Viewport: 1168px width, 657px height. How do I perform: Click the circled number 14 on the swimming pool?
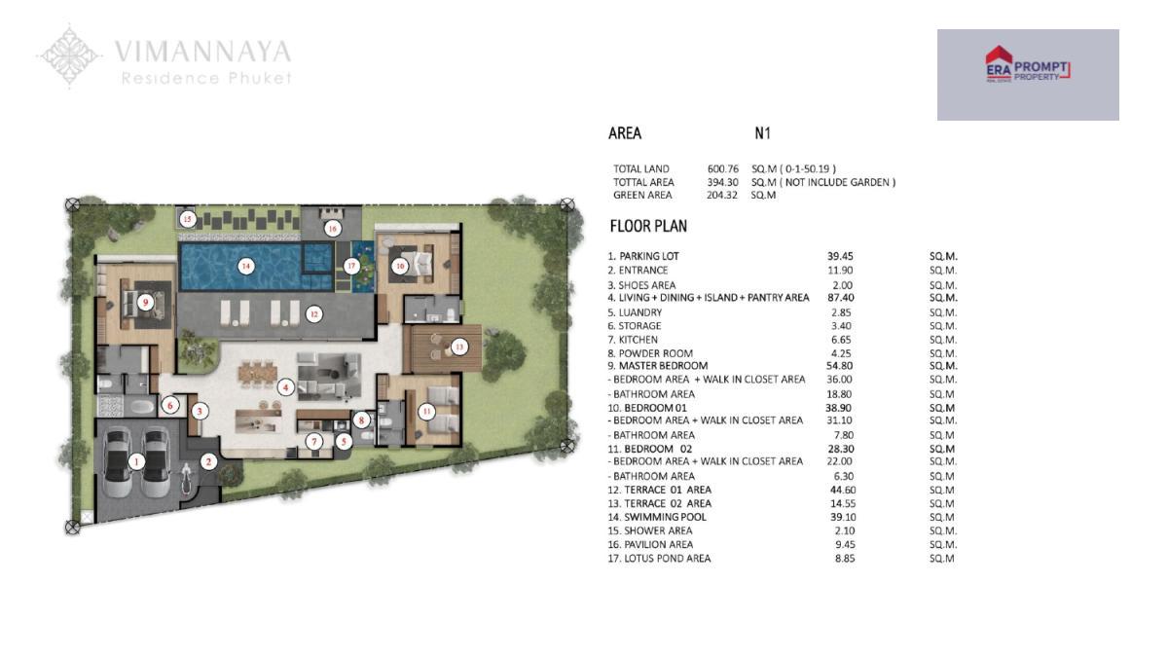tap(245, 267)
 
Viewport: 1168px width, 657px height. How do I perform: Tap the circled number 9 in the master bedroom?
tap(145, 302)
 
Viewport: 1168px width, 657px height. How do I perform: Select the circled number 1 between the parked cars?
tap(136, 461)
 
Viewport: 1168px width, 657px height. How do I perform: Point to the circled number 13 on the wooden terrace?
tap(458, 347)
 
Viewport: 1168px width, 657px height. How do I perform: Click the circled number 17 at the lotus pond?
tap(351, 266)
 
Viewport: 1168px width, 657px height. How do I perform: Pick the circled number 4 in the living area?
tap(284, 387)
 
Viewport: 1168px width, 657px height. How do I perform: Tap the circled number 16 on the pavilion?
tap(332, 228)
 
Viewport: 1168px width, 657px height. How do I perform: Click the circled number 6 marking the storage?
tap(170, 405)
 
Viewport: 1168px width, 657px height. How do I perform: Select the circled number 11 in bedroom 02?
tap(427, 412)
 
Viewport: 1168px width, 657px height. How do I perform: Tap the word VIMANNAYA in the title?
tap(202, 52)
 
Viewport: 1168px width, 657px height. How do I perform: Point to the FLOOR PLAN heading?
tap(648, 226)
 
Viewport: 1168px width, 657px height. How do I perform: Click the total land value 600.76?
tap(722, 169)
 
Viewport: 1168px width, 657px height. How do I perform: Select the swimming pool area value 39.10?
tap(843, 517)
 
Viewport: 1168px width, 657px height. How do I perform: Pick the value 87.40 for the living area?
tap(841, 298)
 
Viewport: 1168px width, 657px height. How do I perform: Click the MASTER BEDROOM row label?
tap(663, 366)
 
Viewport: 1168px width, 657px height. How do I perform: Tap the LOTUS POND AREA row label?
tap(668, 558)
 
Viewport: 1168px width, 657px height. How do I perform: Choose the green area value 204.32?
tap(722, 195)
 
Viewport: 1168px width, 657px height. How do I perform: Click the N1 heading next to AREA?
tap(762, 133)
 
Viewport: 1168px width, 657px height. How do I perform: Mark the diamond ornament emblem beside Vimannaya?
tap(69, 56)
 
